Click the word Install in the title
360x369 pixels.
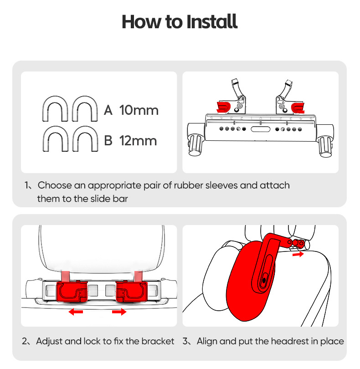(211, 21)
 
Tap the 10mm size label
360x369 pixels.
(139, 110)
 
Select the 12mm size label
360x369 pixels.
(138, 140)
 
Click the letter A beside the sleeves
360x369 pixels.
(108, 110)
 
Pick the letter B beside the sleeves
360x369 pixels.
(108, 140)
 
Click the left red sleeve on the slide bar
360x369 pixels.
(223, 107)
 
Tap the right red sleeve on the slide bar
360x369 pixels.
(298, 108)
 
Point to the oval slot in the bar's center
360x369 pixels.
(260, 129)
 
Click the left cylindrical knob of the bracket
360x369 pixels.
(196, 145)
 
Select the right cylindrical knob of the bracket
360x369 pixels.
(325, 147)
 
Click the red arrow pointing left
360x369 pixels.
(76, 312)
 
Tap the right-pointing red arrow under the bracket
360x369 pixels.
(119, 312)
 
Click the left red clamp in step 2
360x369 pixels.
(72, 292)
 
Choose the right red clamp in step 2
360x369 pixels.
(132, 292)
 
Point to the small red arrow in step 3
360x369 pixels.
(298, 254)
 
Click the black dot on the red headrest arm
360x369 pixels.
(264, 280)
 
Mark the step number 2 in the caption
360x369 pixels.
(25, 341)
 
